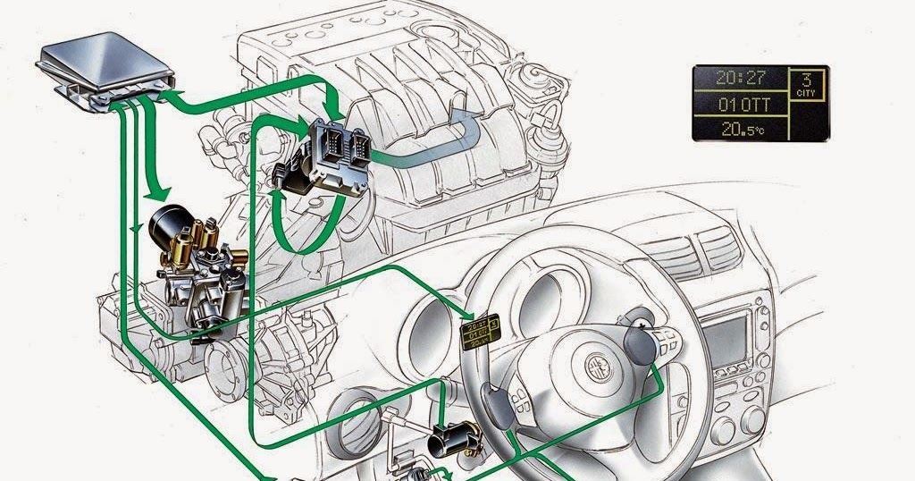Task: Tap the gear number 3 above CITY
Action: click(808, 79)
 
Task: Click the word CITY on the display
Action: click(808, 92)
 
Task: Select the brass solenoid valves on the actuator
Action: click(201, 240)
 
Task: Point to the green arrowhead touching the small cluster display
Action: click(466, 315)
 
